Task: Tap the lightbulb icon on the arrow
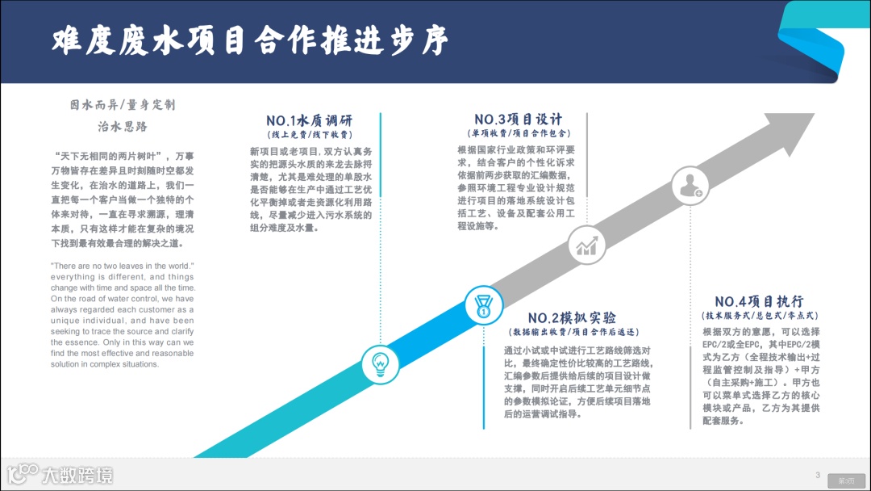pos(380,364)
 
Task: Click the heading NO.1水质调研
pos(310,120)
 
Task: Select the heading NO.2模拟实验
pos(572,317)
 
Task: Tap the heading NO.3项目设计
pos(518,120)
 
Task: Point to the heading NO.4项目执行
pos(759,300)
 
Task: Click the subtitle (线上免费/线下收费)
pos(310,135)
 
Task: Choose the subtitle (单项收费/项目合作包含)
pos(519,133)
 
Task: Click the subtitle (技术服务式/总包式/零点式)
pos(759,315)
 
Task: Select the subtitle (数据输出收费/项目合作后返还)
pos(573,332)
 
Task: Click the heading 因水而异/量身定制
pos(123,105)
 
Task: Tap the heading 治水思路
pos(123,127)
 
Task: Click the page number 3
pos(818,475)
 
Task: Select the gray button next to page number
pos(846,480)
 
